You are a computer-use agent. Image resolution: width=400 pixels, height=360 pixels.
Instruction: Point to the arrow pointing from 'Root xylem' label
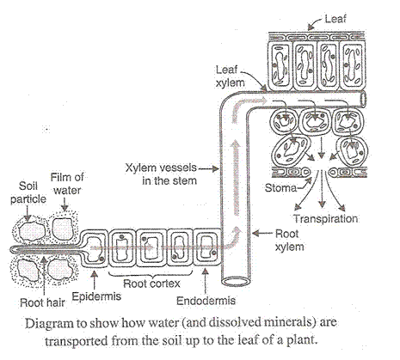click(264, 233)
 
